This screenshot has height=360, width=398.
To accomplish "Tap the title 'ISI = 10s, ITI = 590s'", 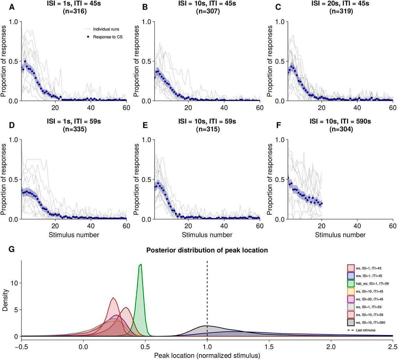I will point(341,122).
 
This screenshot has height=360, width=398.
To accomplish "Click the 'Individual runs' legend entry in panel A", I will point(106,29).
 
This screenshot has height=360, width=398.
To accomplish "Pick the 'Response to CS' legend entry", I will point(107,37).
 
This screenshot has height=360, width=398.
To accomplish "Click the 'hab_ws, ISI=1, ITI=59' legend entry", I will point(370,283).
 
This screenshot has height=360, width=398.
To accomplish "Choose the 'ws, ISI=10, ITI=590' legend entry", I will point(369,322).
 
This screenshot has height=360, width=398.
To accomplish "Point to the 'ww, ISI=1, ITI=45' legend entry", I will point(368,275).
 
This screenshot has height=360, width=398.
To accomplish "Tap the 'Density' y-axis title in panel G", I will point(5,301).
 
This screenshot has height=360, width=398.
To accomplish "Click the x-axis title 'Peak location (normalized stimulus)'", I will point(207,355).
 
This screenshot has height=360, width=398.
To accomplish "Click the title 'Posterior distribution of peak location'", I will point(207,250).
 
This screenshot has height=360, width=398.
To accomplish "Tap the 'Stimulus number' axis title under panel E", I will point(207,235).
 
